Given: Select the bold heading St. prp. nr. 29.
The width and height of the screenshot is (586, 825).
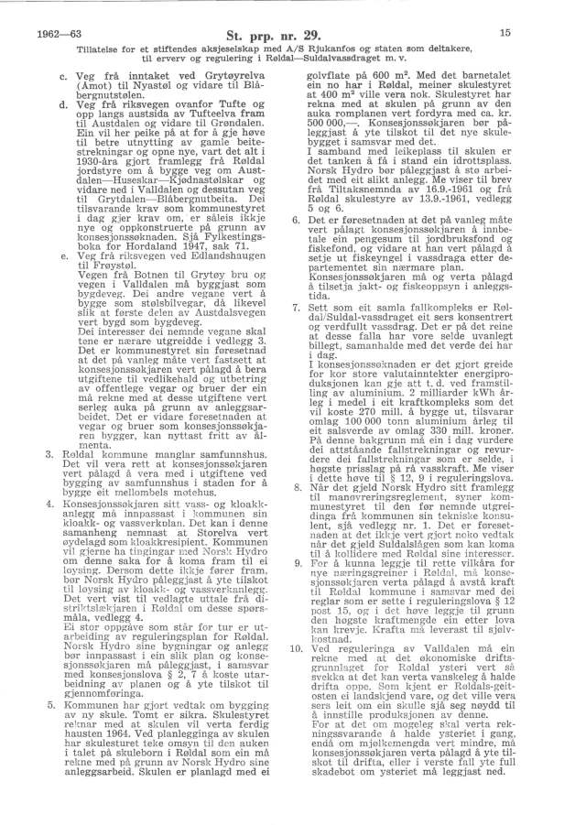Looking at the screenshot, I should (x=292, y=34).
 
